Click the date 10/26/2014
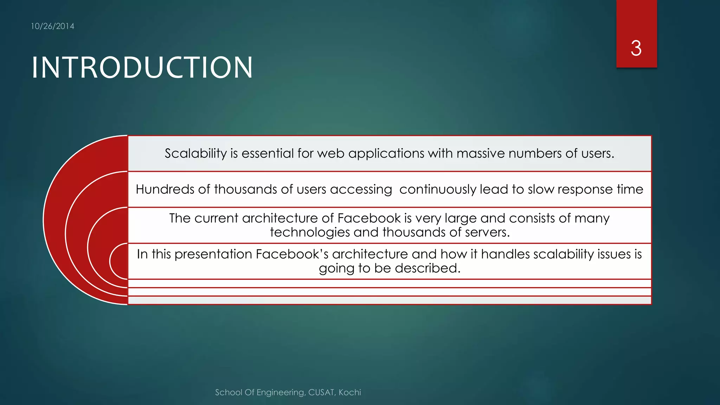[x=52, y=26]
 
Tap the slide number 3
[x=636, y=48]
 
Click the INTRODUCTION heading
[x=142, y=67]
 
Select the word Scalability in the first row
[x=196, y=154]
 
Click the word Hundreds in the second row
[x=165, y=189]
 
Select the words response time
[x=600, y=189]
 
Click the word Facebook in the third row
[x=369, y=218]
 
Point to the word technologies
[x=310, y=232]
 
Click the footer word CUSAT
[x=321, y=392]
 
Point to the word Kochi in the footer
[x=350, y=392]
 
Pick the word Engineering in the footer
[x=281, y=392]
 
